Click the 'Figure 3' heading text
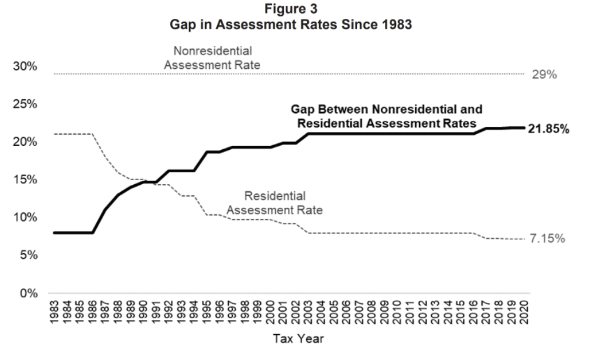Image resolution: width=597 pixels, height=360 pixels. tap(298, 8)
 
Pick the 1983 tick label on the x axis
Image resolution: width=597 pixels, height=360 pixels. tap(55, 312)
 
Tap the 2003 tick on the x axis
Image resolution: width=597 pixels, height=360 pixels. tap(308, 312)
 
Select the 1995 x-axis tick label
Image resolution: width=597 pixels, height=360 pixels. tap(207, 312)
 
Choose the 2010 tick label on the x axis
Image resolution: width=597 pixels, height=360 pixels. tap(397, 312)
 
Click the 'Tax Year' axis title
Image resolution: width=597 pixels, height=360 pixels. tap(298, 340)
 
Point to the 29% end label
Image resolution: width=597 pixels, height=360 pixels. tap(544, 75)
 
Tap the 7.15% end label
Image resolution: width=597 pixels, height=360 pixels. tap(546, 239)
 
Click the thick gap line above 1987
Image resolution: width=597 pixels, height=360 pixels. tap(105, 209)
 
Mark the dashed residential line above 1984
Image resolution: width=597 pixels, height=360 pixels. tap(68, 133)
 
